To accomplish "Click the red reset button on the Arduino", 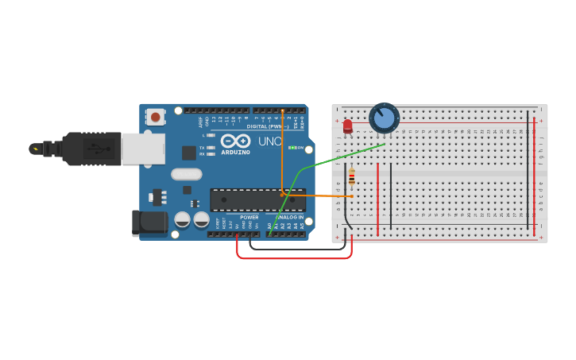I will tap(155, 118).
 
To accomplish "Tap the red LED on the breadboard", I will tap(347, 126).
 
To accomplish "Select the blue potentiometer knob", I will tap(384, 118).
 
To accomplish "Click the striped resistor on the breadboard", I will tap(352, 177).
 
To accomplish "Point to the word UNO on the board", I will tap(269, 141).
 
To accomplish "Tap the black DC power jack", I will tap(149, 223).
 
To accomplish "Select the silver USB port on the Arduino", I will tap(143, 149).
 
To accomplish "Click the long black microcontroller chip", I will tap(257, 199).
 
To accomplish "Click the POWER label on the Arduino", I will tap(249, 217).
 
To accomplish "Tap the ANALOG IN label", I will tap(289, 217).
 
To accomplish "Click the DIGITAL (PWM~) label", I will tap(267, 126).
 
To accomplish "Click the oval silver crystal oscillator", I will tap(187, 174).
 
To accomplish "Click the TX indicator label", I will tap(202, 147).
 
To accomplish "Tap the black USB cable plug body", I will tap(91, 149).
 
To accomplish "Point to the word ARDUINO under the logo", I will tap(236, 152).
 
